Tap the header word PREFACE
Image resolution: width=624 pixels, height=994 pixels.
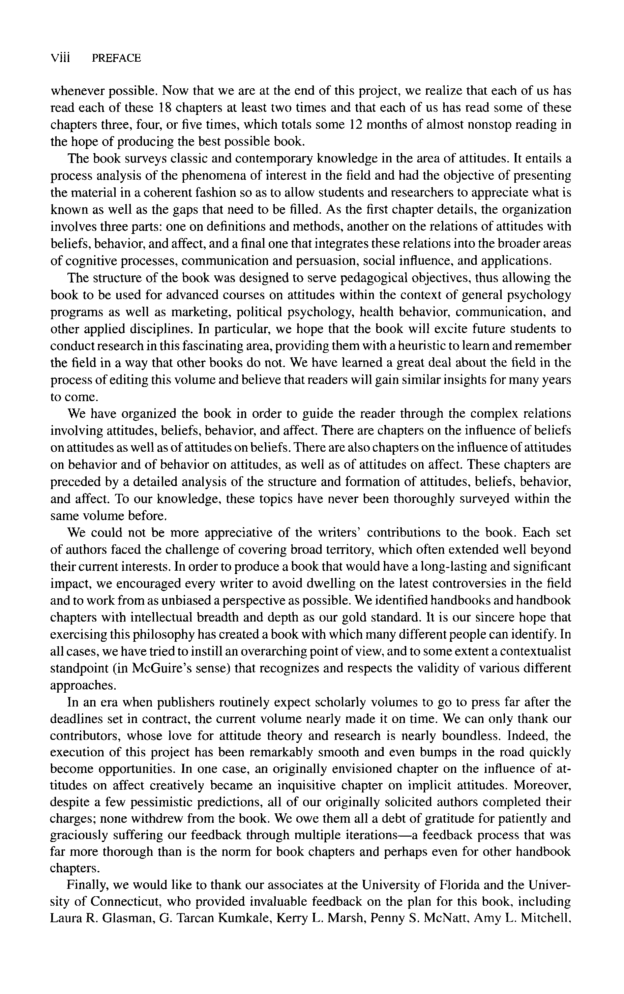116,58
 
